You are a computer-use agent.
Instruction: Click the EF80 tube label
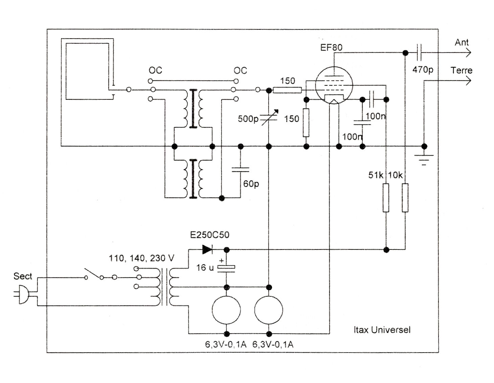tap(331, 47)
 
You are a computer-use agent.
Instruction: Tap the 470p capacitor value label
tap(423, 70)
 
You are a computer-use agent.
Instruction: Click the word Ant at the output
tap(462, 43)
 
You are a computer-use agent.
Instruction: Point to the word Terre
tap(461, 71)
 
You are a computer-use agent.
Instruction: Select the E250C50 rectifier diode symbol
tap(207, 250)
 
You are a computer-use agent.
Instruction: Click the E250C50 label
tap(210, 235)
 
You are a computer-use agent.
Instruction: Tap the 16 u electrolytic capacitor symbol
tap(226, 268)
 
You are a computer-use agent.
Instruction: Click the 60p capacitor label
tap(251, 184)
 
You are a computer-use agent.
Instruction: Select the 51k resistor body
tap(386, 198)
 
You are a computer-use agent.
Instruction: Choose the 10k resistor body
tap(405, 198)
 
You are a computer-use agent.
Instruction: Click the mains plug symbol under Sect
tap(23, 294)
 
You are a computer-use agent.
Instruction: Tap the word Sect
tap(23, 276)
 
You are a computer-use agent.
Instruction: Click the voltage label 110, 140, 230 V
tap(141, 259)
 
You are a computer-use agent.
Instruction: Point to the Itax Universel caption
tap(382, 330)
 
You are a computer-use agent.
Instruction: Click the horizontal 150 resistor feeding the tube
tap(287, 90)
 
